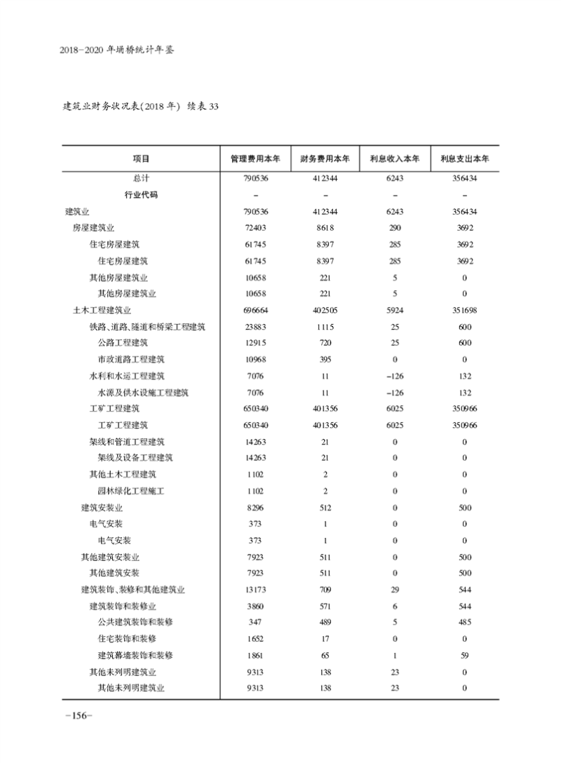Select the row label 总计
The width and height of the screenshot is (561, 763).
(141, 179)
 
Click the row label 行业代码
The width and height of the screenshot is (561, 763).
(141, 195)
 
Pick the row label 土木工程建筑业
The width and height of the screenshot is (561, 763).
(102, 310)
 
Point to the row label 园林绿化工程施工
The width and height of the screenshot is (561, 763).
(131, 491)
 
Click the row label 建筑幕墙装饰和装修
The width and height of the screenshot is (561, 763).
(135, 655)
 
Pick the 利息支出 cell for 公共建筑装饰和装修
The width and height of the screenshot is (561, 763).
(464, 622)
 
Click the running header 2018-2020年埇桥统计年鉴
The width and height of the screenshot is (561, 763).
(116, 50)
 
